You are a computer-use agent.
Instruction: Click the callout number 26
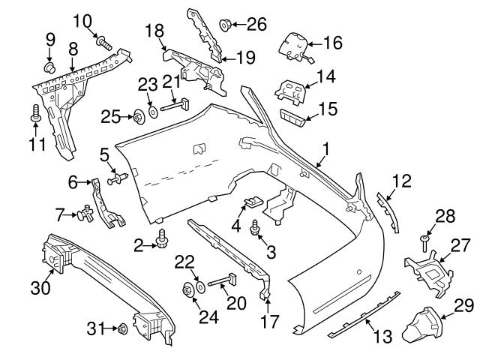coord(256,24)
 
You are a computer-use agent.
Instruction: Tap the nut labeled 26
coord(225,25)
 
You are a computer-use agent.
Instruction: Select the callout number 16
coord(332,43)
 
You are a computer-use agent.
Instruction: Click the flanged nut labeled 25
coord(139,116)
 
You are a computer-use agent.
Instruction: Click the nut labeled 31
coord(120,328)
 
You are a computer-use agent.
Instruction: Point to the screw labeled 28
coord(423,241)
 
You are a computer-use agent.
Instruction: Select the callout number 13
coord(382,337)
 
